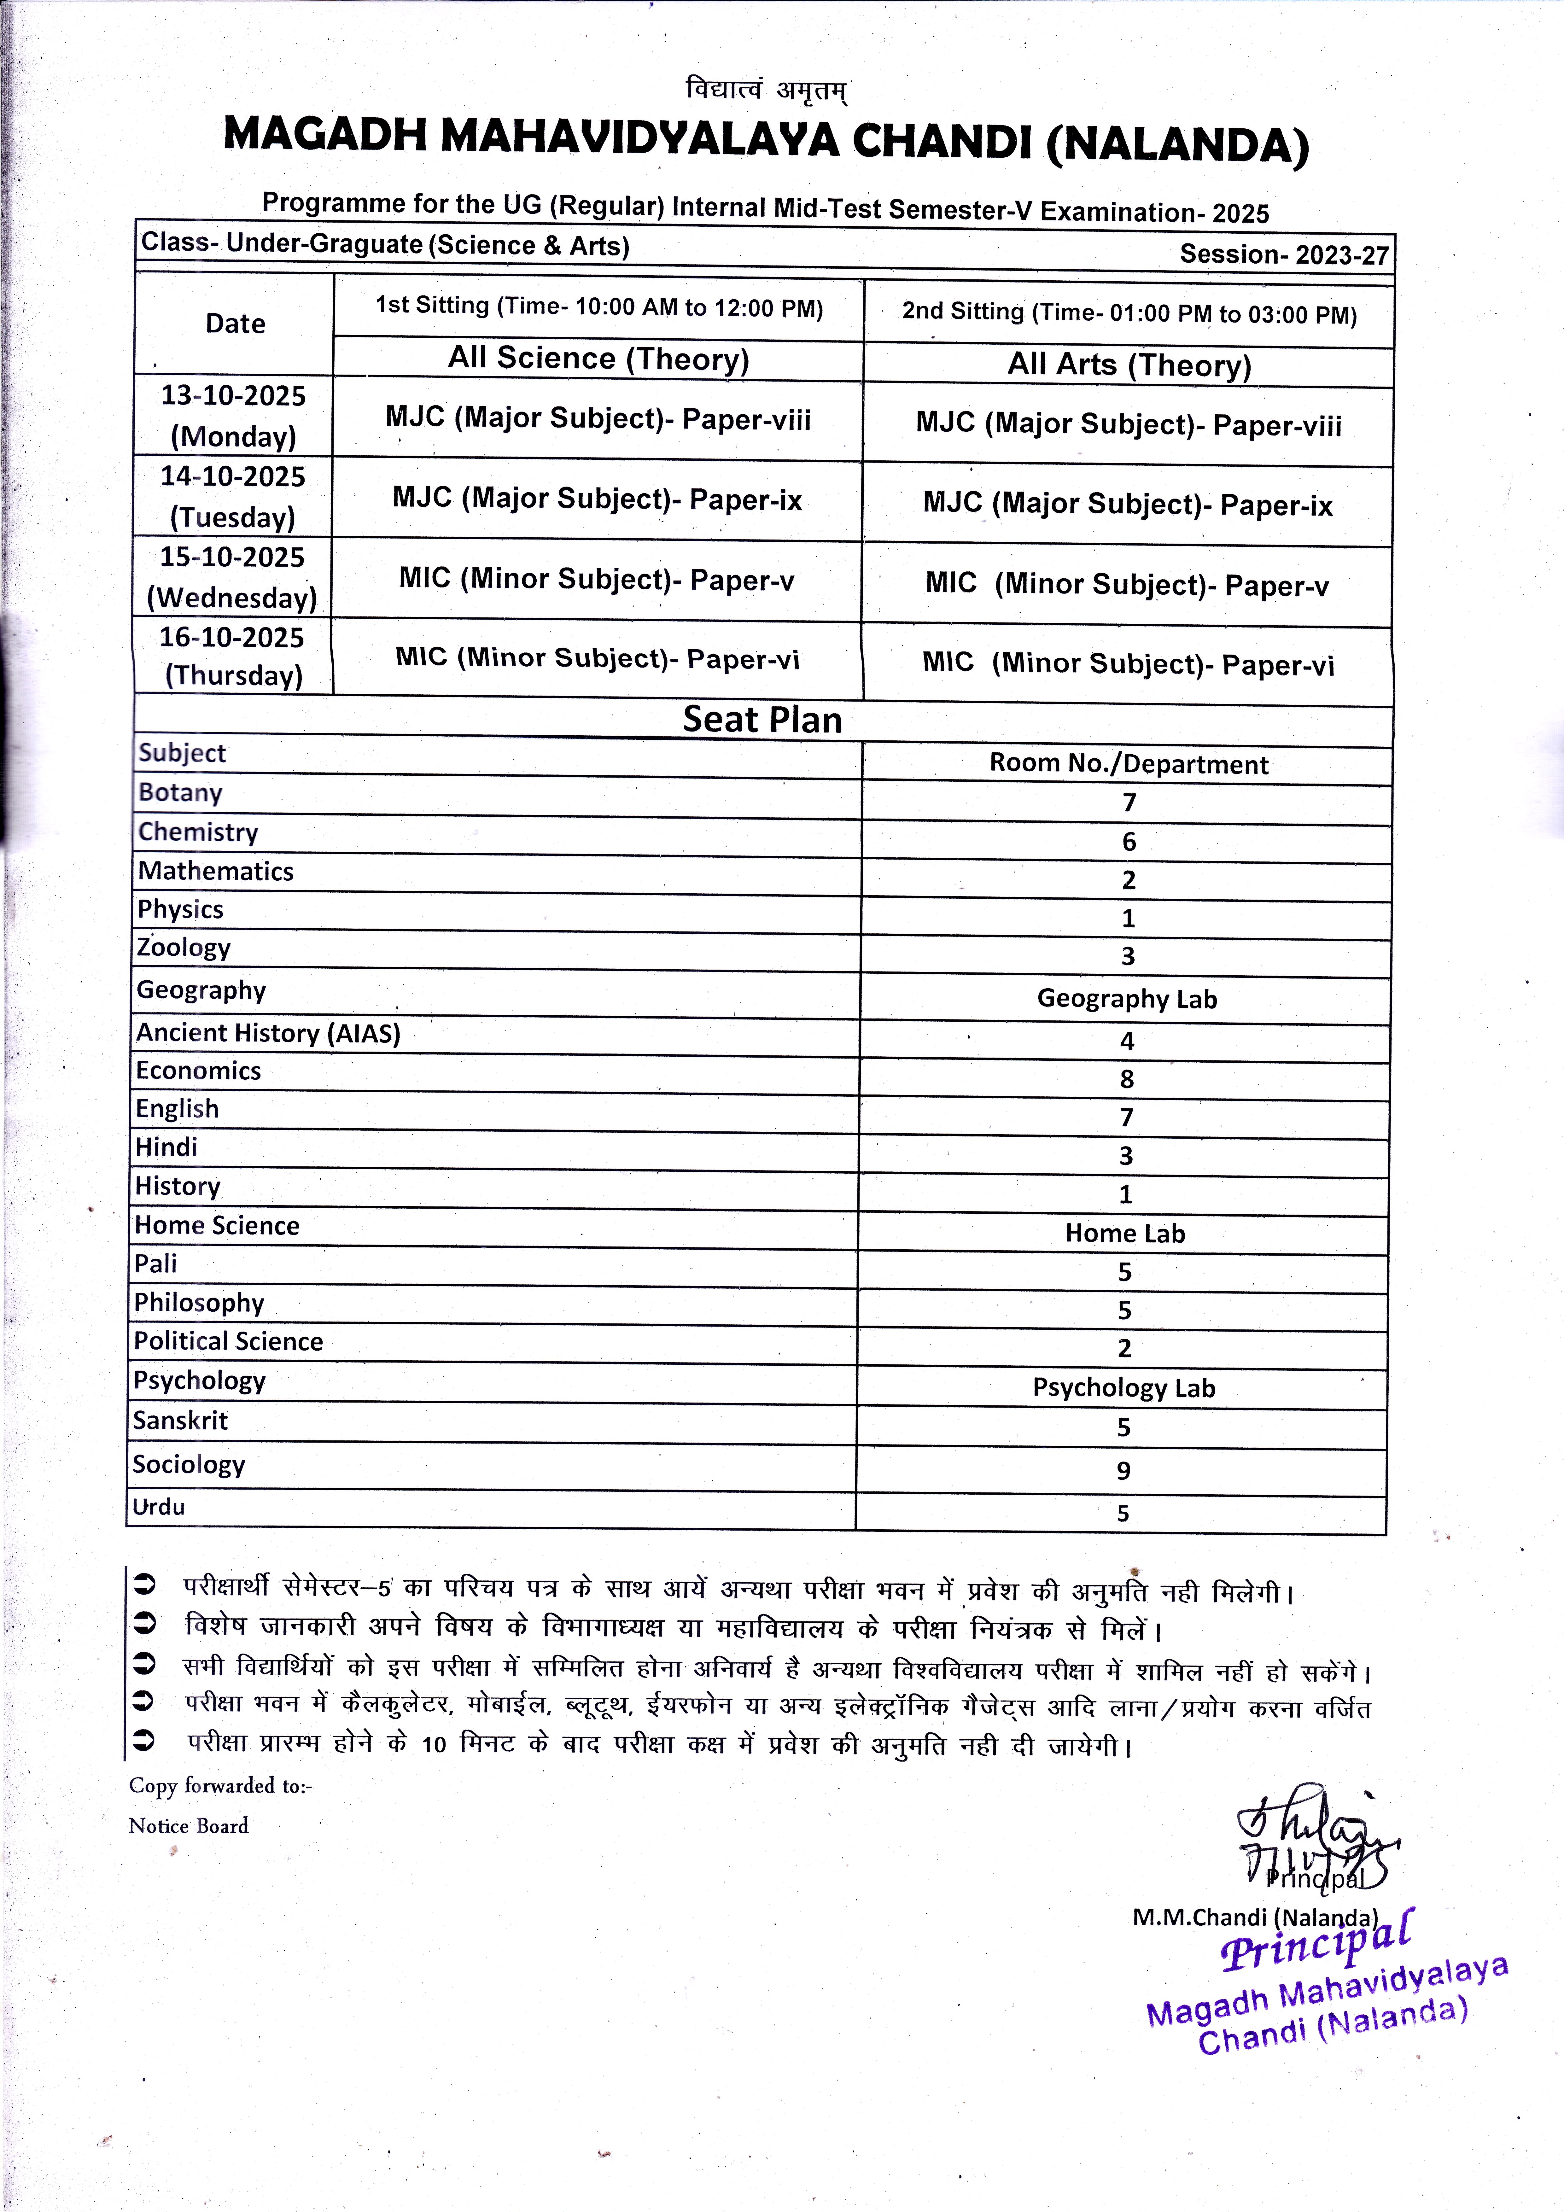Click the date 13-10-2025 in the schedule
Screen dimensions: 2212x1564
(x=233, y=396)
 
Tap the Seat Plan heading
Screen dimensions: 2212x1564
(x=762, y=720)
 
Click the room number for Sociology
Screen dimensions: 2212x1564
(x=1123, y=1470)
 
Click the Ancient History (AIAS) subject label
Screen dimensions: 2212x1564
(x=268, y=1033)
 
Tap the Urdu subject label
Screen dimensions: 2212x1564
(x=159, y=1507)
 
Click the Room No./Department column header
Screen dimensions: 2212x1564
(x=1129, y=764)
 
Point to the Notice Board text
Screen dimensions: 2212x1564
(x=189, y=1826)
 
